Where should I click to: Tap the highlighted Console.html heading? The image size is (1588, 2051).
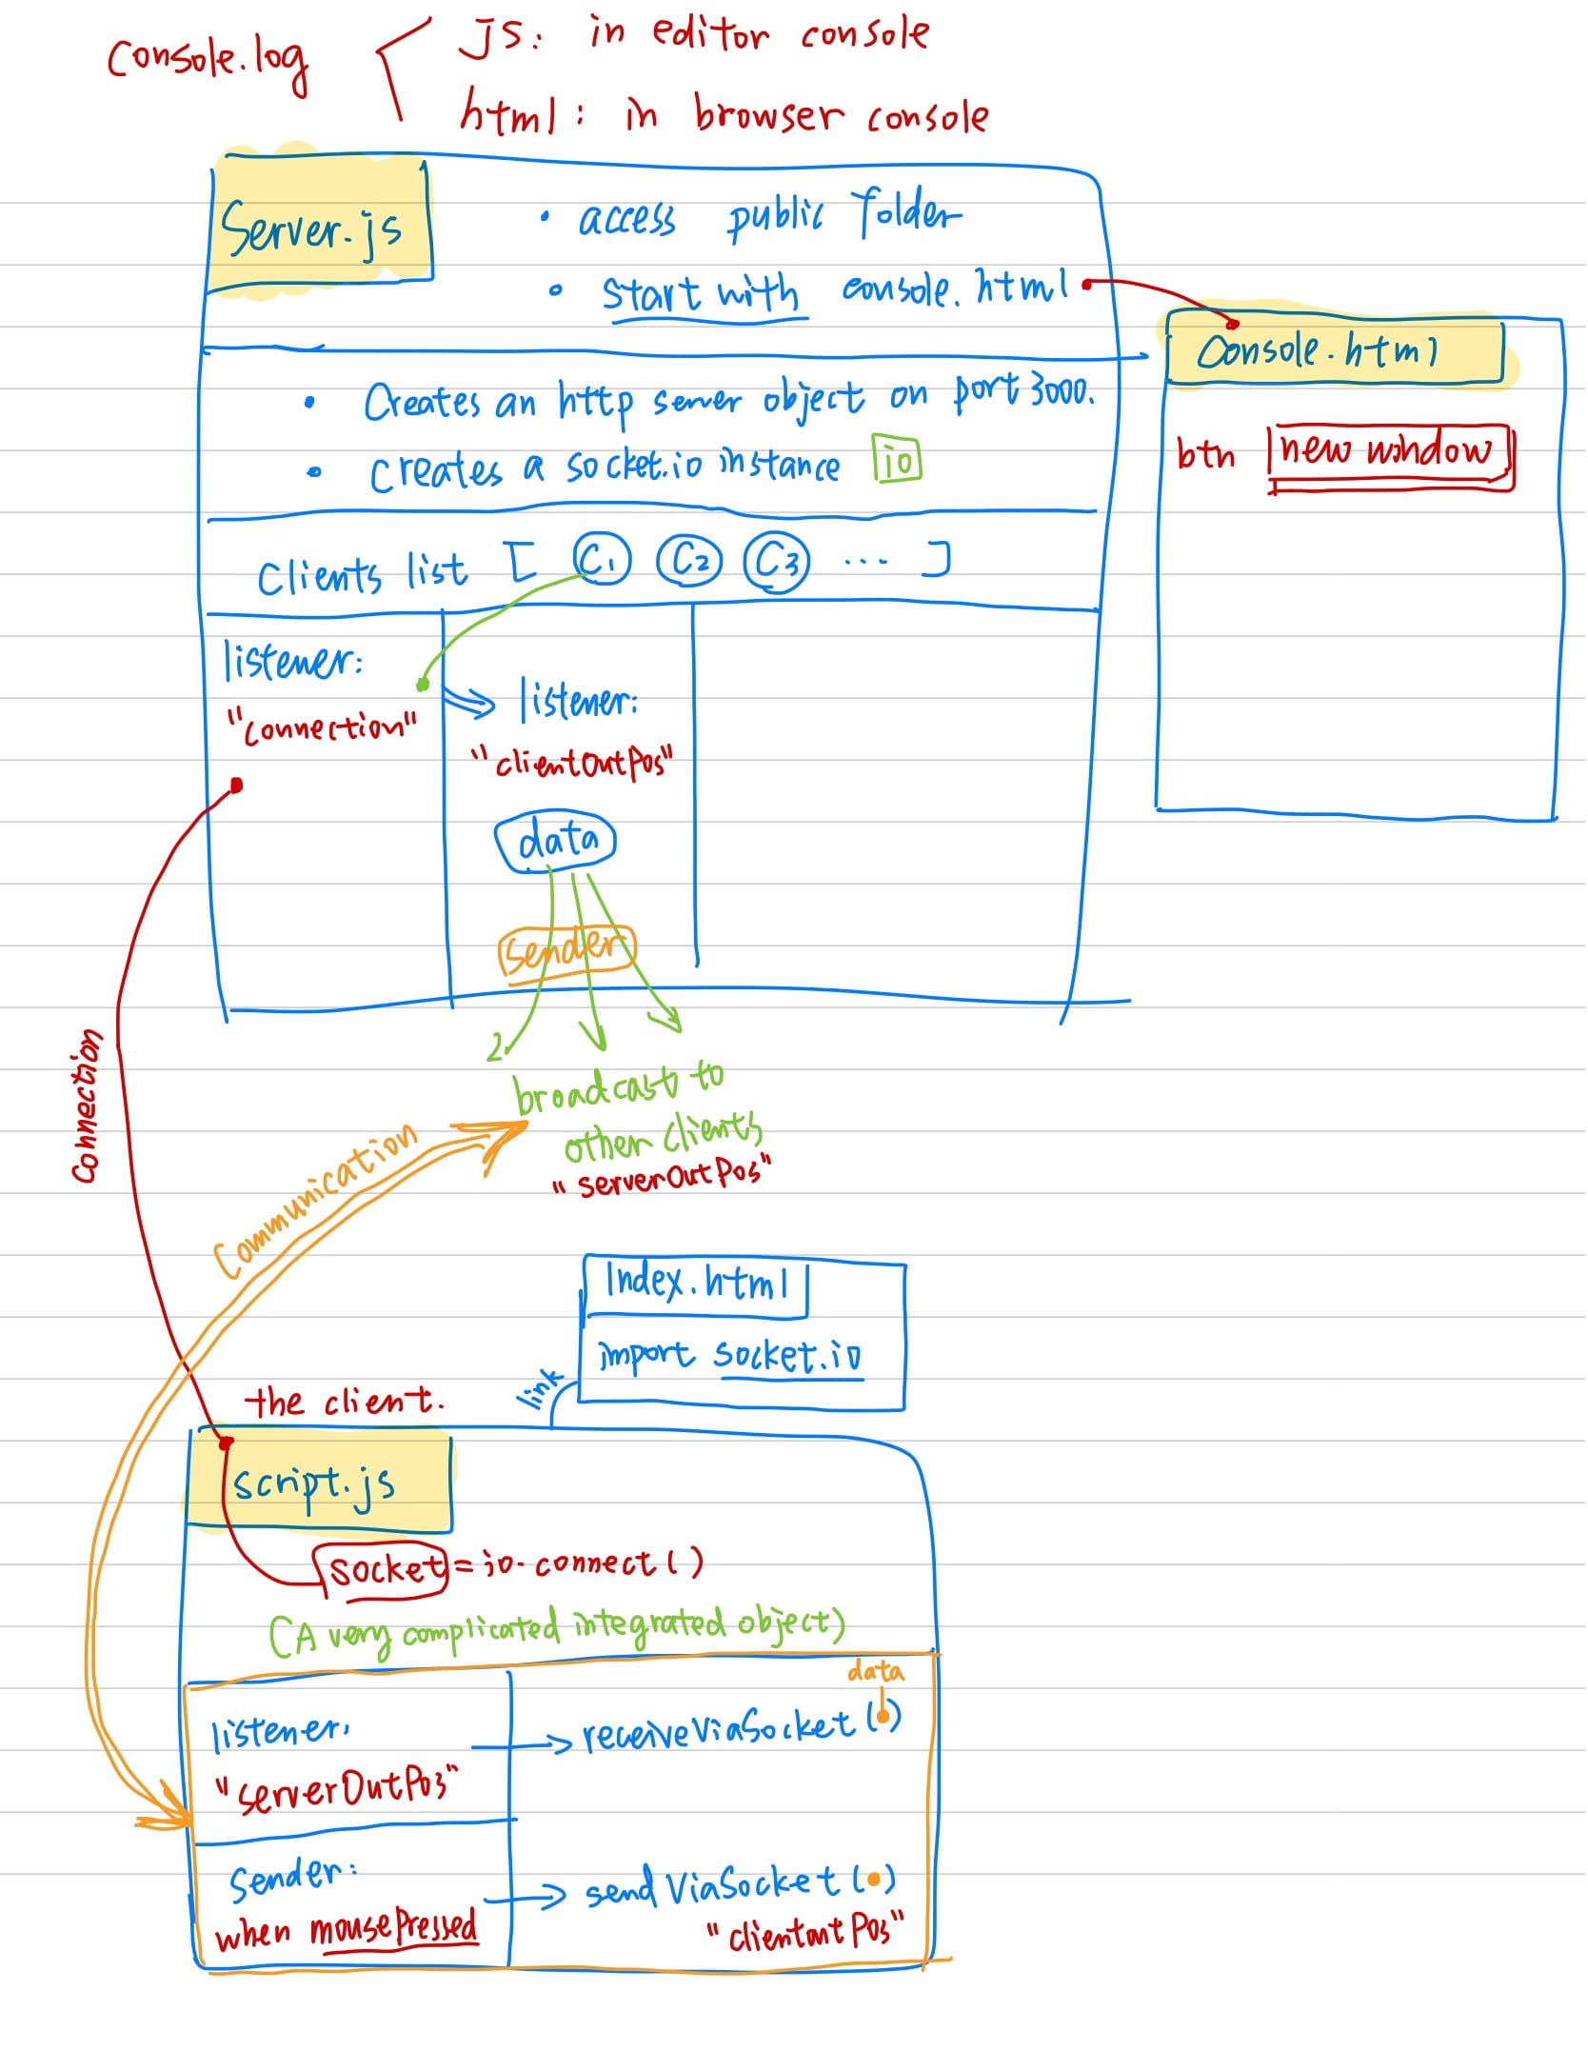(1318, 352)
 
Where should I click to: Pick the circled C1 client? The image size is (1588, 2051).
(601, 561)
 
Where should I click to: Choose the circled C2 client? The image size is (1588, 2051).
(690, 563)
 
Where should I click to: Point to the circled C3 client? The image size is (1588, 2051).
(776, 563)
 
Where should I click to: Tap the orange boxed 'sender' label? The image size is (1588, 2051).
(566, 950)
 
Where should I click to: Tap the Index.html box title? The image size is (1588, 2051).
(697, 1284)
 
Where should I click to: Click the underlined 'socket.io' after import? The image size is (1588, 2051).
(787, 1355)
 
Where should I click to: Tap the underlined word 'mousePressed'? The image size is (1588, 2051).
(393, 1930)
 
